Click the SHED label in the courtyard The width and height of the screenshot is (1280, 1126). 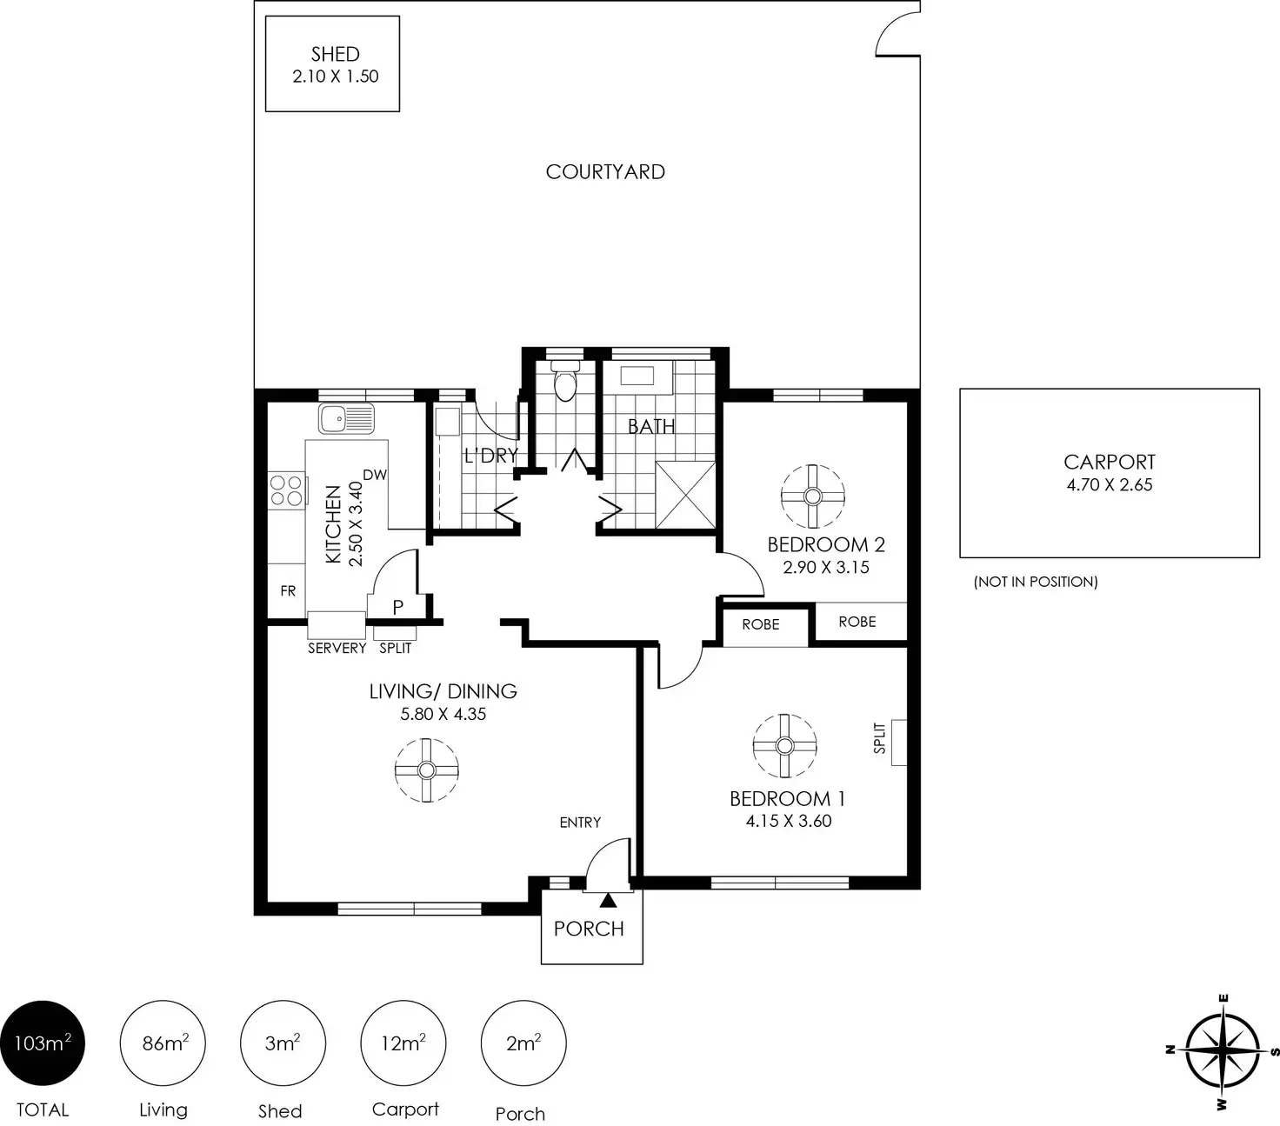point(335,54)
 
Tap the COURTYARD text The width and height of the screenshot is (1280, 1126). point(605,172)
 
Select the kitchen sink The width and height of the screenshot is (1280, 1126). point(346,419)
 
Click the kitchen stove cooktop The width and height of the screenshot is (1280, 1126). point(286,491)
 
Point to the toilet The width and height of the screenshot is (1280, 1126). point(565,380)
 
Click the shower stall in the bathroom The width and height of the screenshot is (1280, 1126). point(685,495)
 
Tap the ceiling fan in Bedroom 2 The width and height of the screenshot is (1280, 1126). point(812,496)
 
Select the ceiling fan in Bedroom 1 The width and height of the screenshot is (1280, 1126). point(784,746)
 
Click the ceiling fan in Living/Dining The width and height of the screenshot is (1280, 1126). point(426,770)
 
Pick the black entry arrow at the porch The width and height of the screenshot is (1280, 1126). point(608,900)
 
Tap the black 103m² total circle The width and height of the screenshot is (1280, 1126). point(43,1043)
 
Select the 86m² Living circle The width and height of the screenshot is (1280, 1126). point(163,1043)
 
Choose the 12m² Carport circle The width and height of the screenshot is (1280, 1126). point(403,1043)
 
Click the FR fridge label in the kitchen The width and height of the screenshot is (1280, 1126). point(288,590)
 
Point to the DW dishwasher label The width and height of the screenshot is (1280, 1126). point(375,475)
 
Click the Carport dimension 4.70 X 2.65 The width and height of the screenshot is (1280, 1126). point(1110,484)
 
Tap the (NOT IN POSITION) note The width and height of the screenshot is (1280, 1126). point(1036,582)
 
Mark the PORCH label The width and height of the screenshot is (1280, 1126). point(589,929)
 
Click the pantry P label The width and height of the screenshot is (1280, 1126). point(397,607)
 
